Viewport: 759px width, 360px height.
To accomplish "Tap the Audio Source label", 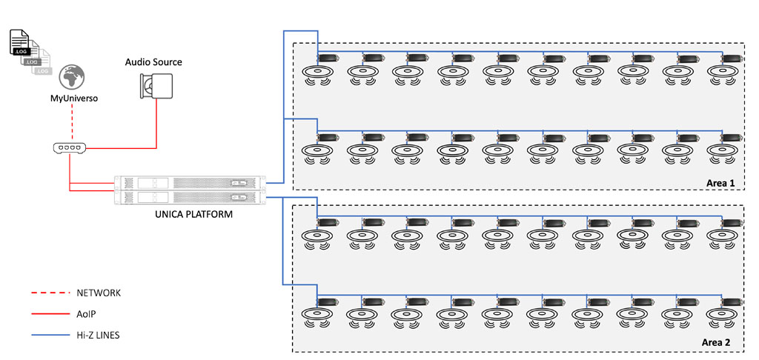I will (153, 61).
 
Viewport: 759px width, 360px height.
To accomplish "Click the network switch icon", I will (69, 148).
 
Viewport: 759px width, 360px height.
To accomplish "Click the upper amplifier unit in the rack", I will (189, 182).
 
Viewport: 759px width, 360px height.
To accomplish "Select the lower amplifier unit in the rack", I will (189, 196).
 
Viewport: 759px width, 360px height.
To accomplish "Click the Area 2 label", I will (715, 343).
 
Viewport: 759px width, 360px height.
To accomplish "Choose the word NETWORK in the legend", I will (99, 293).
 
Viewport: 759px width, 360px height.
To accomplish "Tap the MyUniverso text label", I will (72, 98).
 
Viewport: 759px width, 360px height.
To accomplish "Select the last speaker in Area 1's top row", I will (723, 73).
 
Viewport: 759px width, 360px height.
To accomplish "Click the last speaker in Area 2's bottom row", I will (723, 316).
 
